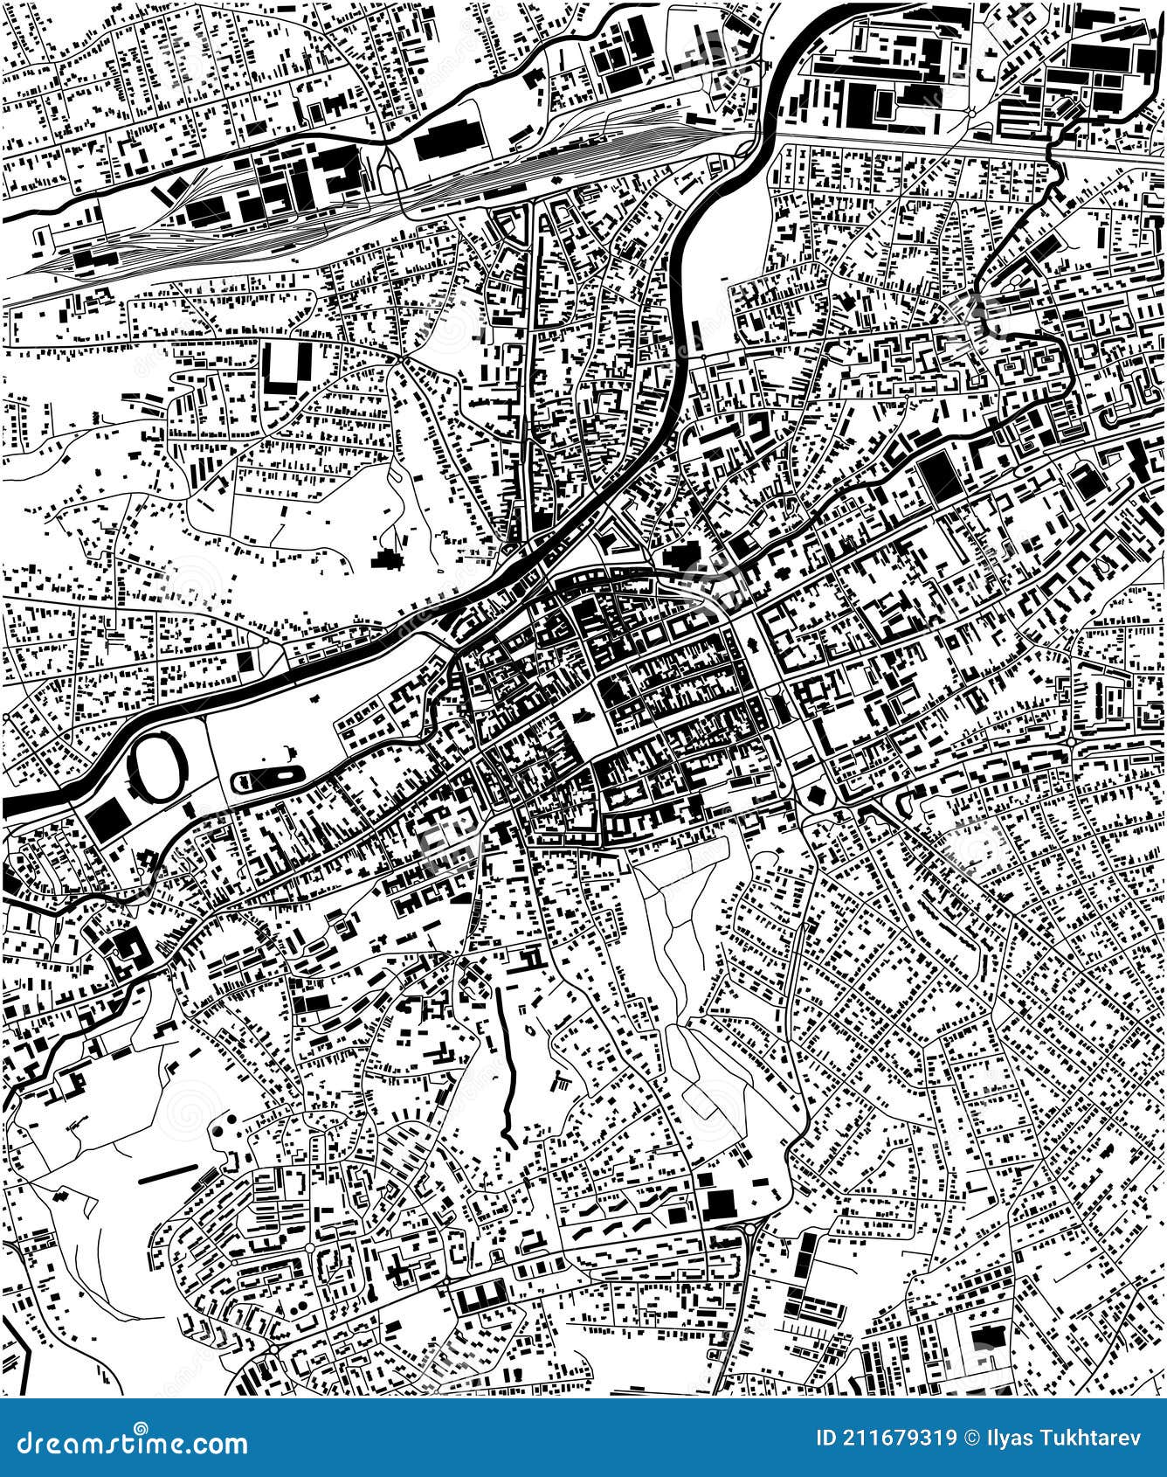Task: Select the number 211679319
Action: (900, 1439)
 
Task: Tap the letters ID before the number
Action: (826, 1439)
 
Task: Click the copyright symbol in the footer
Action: (972, 1439)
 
